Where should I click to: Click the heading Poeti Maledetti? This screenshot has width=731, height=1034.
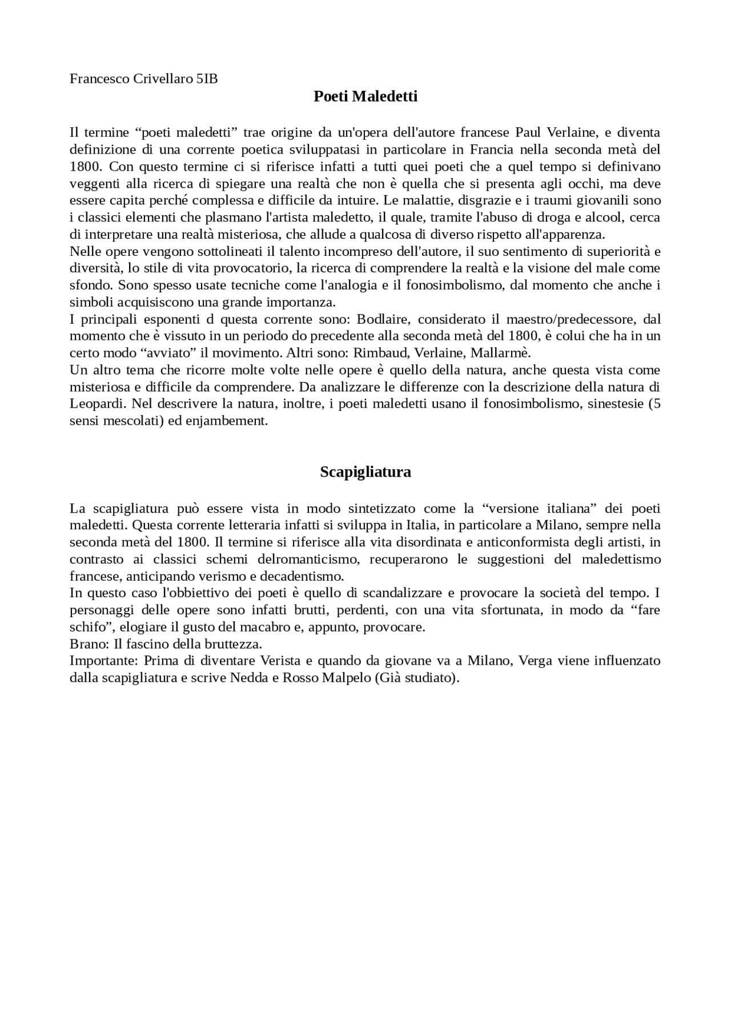pos(365,96)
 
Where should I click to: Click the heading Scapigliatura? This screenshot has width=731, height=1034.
pos(365,472)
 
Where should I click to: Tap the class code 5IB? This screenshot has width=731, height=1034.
pos(207,79)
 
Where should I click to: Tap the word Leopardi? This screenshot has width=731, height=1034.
pos(97,404)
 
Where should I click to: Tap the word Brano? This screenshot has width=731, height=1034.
pos(87,644)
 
